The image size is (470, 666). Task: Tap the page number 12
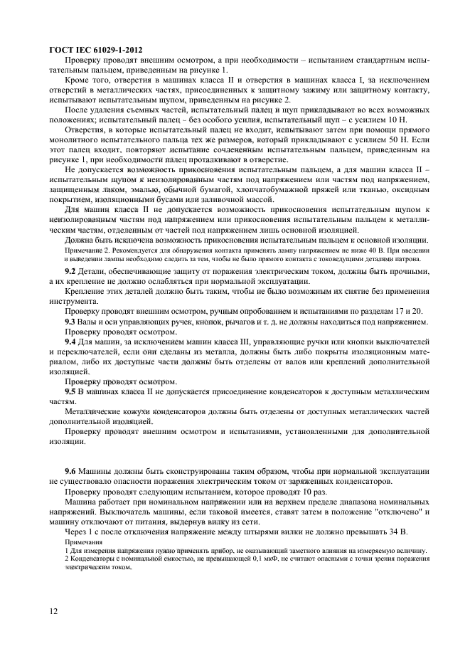(x=54, y=611)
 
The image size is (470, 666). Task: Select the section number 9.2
(x=71, y=273)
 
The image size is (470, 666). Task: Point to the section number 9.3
(x=71, y=322)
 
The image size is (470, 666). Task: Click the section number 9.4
(x=71, y=342)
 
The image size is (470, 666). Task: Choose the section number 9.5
(x=71, y=391)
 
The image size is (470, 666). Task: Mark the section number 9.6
(x=71, y=472)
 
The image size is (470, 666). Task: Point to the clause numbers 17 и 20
(x=410, y=312)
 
